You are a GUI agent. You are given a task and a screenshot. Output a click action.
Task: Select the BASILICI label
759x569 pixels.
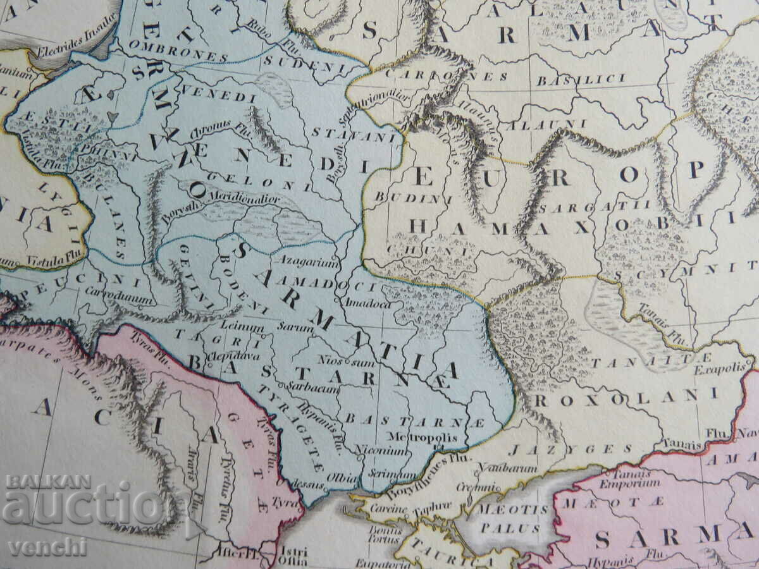(581, 80)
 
